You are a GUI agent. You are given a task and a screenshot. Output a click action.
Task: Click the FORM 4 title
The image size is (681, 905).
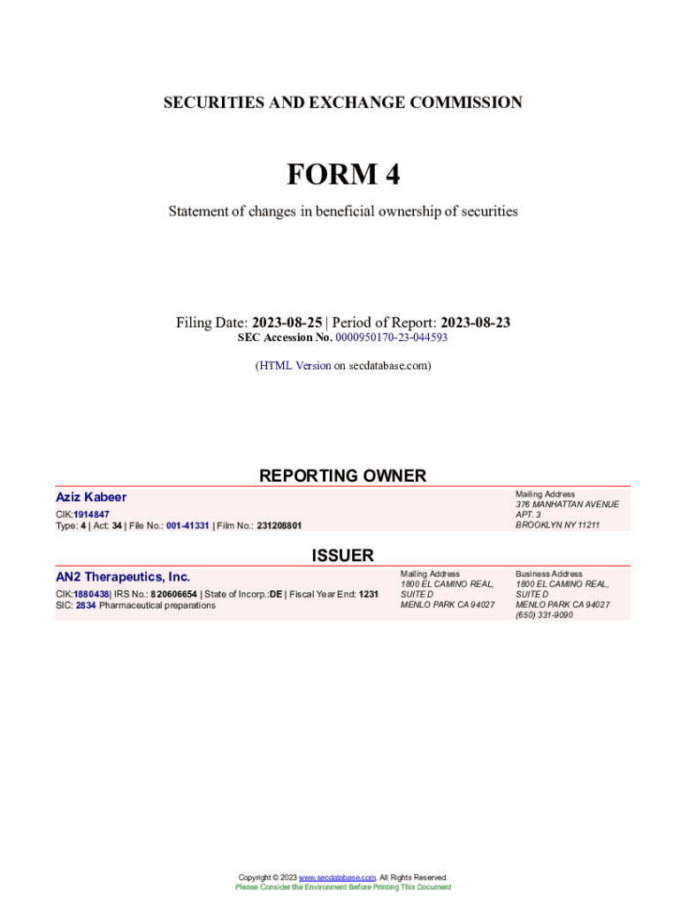(x=343, y=175)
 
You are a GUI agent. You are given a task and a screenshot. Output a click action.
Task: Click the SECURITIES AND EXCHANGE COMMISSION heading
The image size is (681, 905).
(x=343, y=103)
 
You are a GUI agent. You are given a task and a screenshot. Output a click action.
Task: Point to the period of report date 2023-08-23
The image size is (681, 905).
(x=475, y=323)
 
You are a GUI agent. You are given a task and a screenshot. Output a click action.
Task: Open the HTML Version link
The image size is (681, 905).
(x=295, y=365)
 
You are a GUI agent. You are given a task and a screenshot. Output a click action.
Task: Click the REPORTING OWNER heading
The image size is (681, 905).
(x=342, y=475)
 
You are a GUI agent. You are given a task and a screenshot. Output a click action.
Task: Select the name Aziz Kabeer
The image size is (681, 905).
(x=91, y=497)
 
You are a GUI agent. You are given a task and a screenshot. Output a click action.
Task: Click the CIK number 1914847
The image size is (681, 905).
(x=92, y=514)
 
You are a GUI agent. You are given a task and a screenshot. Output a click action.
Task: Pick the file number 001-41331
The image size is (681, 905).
(x=187, y=526)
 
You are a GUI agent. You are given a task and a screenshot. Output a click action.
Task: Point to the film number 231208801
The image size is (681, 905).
(x=279, y=526)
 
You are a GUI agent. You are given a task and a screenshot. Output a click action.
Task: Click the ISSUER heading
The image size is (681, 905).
(x=342, y=555)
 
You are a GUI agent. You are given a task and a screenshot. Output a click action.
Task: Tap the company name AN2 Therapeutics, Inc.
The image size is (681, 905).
(x=123, y=577)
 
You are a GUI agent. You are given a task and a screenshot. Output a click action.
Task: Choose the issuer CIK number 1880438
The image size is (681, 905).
(x=91, y=595)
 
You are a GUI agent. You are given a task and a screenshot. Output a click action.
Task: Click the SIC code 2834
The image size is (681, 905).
(x=86, y=605)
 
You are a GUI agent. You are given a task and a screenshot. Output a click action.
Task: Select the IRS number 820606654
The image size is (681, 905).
(x=173, y=595)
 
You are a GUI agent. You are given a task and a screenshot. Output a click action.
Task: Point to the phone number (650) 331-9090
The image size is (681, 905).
(x=544, y=615)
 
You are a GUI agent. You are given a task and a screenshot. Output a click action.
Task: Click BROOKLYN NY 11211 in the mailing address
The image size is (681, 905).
(x=557, y=525)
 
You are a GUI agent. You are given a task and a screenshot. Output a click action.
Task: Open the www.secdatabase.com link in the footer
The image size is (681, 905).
(x=338, y=878)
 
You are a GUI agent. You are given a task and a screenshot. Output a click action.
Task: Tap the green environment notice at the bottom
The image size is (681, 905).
(x=343, y=886)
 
